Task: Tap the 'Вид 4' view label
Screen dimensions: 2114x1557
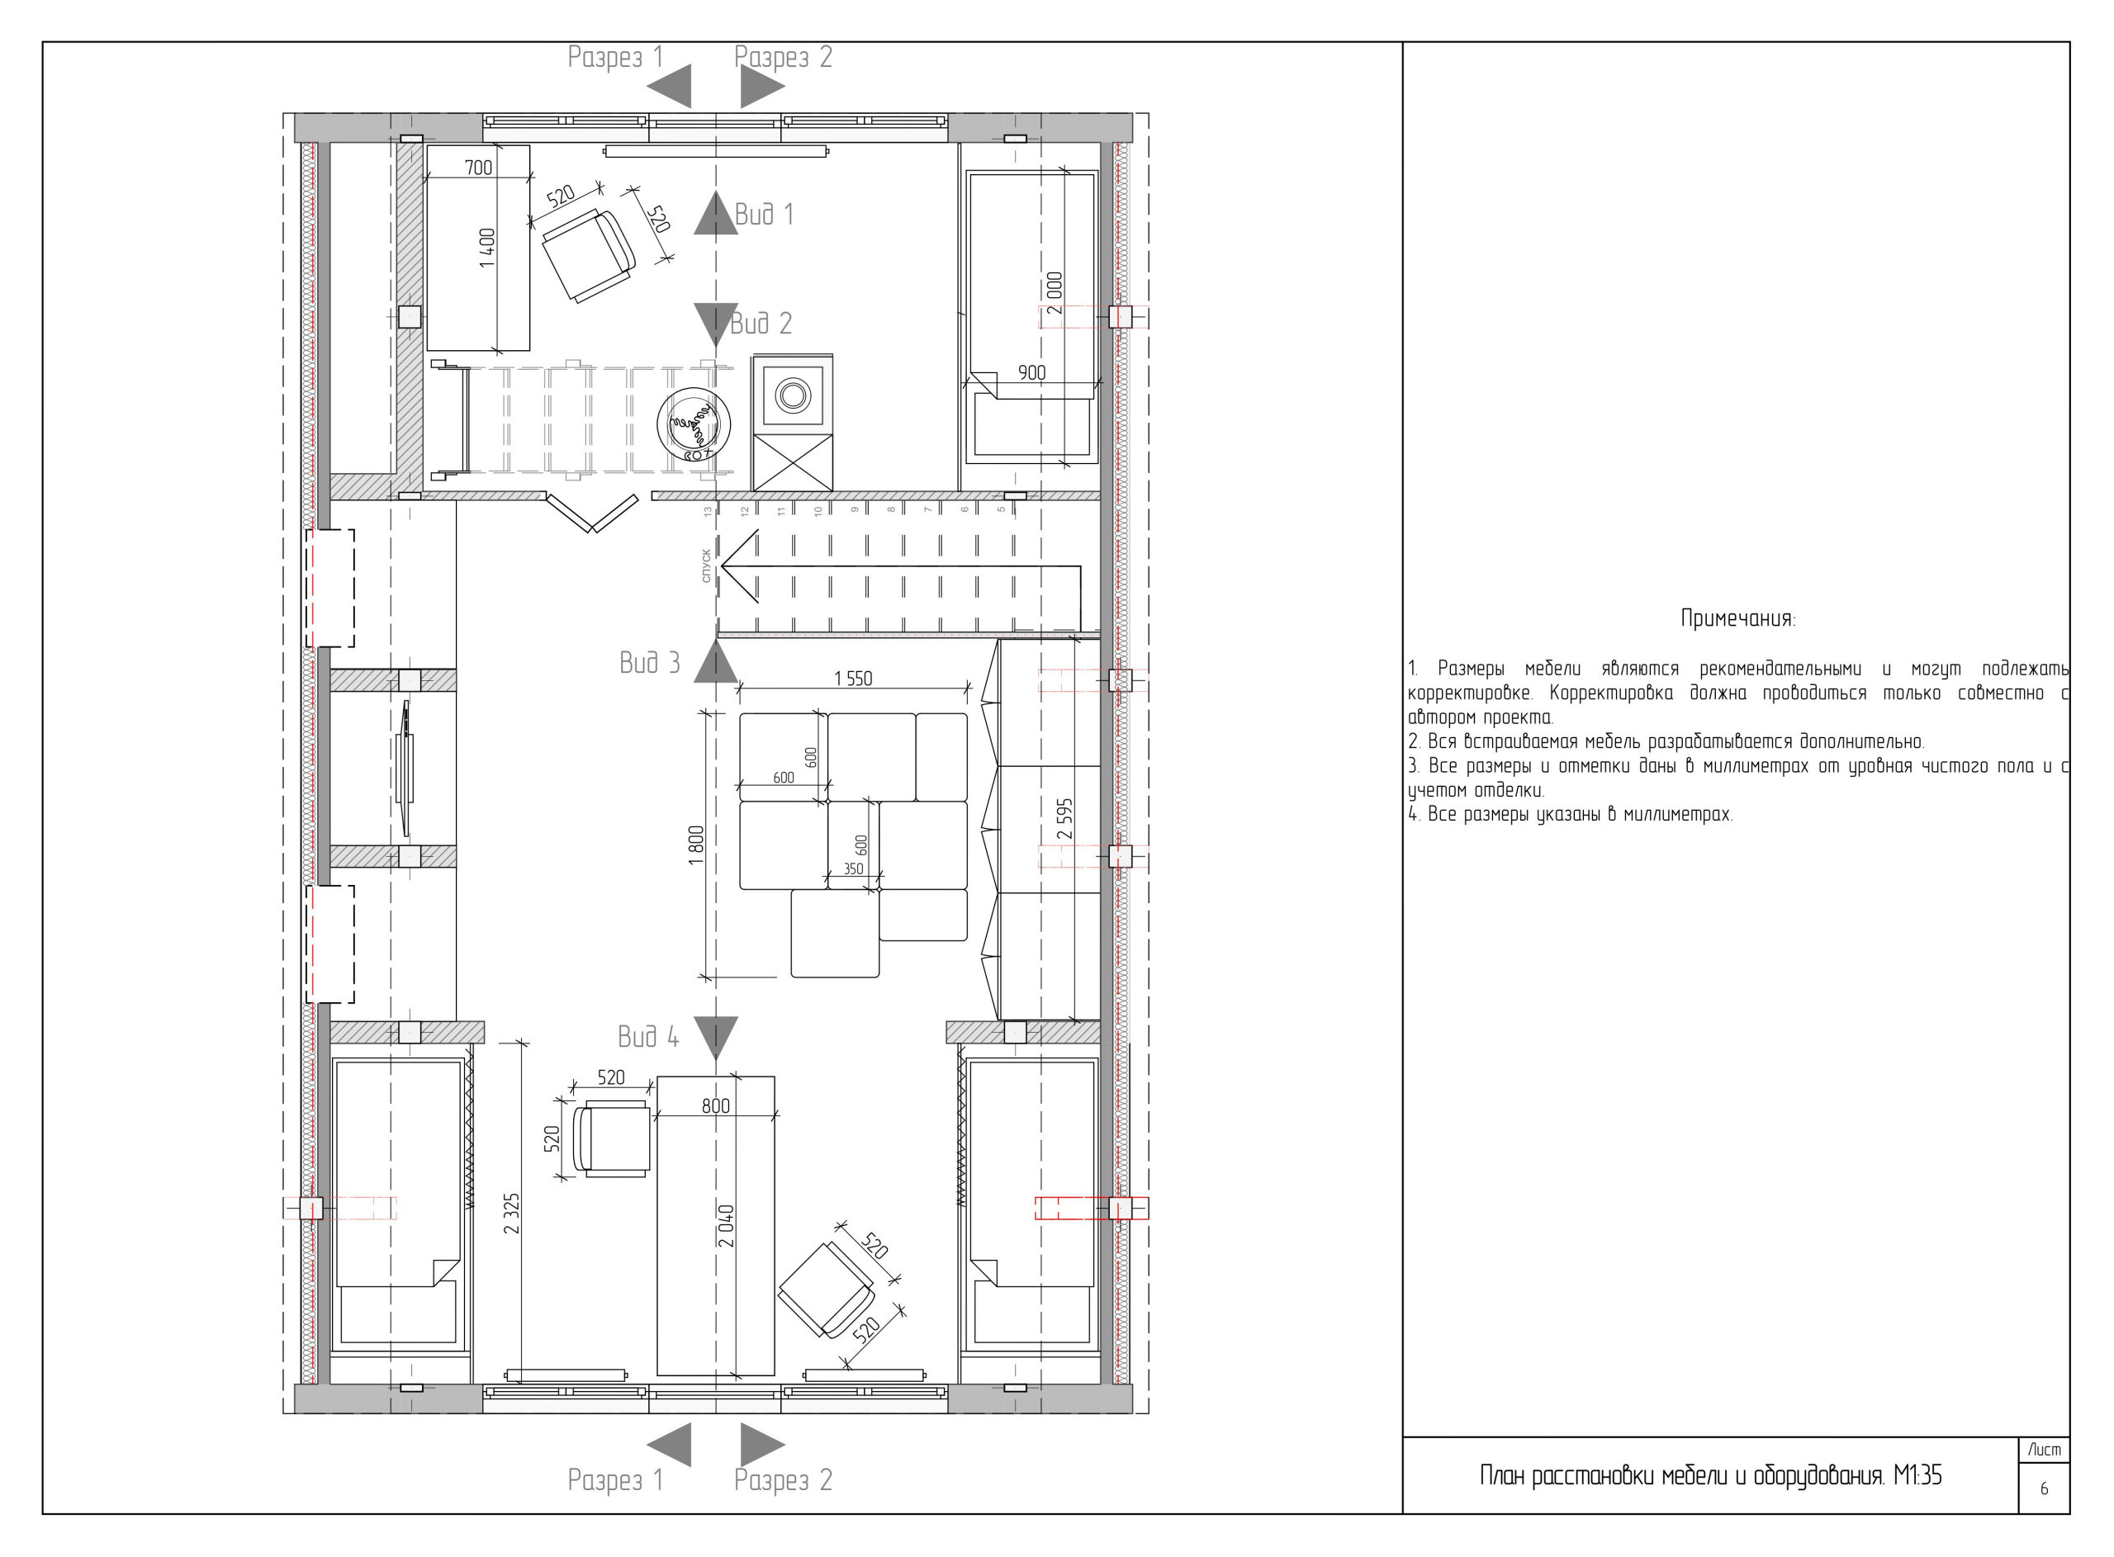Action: coord(647,1038)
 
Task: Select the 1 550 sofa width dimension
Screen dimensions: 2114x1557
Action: coord(853,679)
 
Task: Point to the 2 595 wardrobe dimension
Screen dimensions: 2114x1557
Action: coord(1065,819)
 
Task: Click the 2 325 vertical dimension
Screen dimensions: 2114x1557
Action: coord(512,1213)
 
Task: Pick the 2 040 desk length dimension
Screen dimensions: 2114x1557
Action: coord(726,1225)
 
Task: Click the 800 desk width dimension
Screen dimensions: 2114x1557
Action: coord(715,1106)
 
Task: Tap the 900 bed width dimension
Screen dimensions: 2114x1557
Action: coord(1031,373)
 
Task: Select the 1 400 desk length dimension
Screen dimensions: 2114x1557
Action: coord(487,248)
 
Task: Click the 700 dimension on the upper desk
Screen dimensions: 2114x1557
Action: coord(478,168)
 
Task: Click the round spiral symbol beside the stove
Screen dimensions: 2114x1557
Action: coord(694,424)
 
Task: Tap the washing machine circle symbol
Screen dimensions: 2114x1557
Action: coord(791,393)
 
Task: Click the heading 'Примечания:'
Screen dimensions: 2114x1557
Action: coord(1738,619)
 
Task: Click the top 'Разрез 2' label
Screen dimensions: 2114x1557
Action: coord(783,58)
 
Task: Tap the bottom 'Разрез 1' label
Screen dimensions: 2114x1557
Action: coord(615,1481)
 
